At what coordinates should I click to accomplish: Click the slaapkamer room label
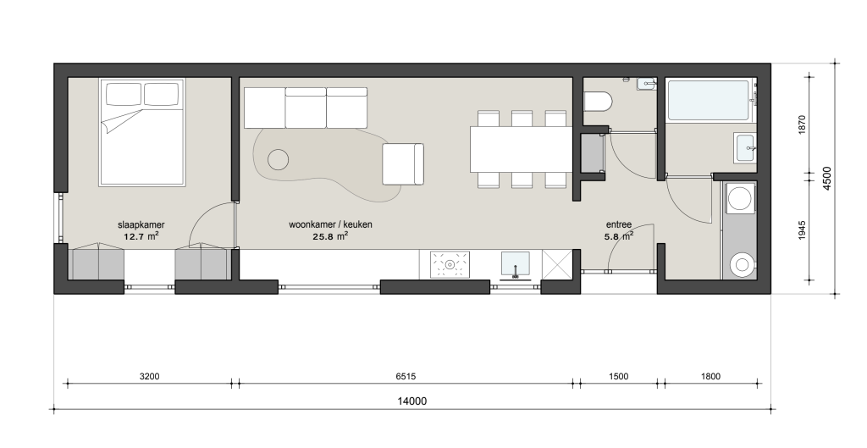tap(141, 225)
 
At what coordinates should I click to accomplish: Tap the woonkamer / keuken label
tap(330, 224)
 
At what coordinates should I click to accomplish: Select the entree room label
tap(619, 225)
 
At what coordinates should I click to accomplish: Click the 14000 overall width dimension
tap(412, 401)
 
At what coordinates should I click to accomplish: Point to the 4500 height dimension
tap(826, 178)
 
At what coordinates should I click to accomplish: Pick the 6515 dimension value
tap(406, 377)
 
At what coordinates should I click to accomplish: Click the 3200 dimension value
tap(149, 377)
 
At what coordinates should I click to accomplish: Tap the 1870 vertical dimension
tap(803, 125)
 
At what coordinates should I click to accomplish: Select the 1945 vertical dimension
tap(803, 230)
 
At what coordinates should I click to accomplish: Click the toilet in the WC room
tap(598, 102)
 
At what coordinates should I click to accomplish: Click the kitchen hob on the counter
tap(450, 264)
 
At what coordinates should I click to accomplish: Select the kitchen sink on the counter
tap(516, 264)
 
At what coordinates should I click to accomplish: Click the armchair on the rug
tap(403, 163)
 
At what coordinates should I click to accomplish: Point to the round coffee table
tap(278, 160)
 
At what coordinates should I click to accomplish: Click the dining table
tap(521, 149)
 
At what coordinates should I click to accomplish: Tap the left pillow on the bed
tap(124, 94)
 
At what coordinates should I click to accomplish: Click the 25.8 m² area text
tap(330, 236)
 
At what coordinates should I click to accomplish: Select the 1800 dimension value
tap(710, 377)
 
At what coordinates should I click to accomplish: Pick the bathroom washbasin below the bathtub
tap(745, 148)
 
